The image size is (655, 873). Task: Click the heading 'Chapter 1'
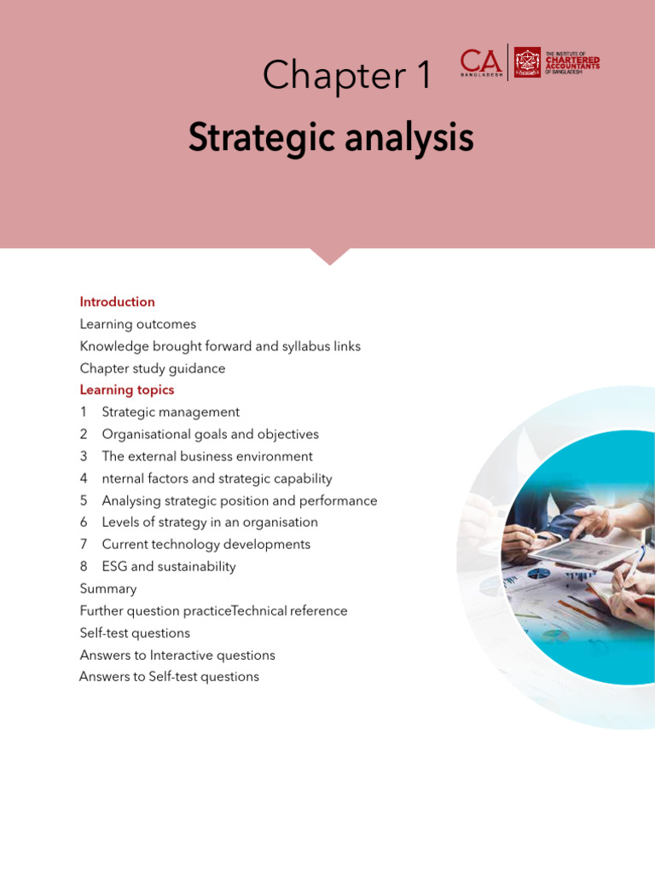coord(347,75)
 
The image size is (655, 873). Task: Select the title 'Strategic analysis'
coord(331,137)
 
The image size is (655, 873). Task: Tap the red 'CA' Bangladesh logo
coord(481,62)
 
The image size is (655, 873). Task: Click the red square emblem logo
coord(527,62)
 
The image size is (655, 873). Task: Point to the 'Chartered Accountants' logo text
coord(572,63)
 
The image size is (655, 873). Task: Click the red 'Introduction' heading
coord(117,302)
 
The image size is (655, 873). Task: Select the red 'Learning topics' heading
coord(127,390)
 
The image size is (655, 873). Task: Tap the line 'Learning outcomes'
coord(138,324)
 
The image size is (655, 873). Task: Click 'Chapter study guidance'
coord(153,368)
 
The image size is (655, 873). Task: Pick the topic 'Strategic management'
coord(171,412)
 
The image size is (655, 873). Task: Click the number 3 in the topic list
coord(84,457)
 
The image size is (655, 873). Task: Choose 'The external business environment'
coord(207,457)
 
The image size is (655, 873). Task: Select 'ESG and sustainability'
coord(169,567)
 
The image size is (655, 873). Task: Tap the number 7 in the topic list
coord(84,545)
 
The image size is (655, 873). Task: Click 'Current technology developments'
coord(206,545)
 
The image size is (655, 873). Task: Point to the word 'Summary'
coord(108,589)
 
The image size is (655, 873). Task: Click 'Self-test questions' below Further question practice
coord(135,633)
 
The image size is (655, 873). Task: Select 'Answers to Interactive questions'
coord(177,656)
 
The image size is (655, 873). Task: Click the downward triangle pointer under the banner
coord(330,256)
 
